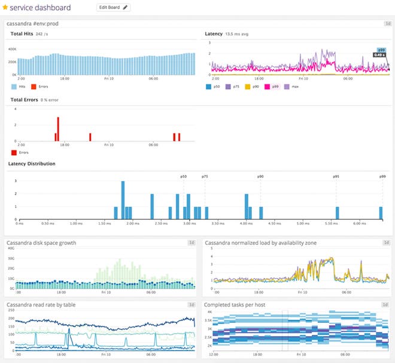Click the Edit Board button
pyautogui.click(x=113, y=8)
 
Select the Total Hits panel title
pyautogui.click(x=21, y=34)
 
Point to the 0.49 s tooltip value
pyautogui.click(x=379, y=55)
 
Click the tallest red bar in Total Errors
pyautogui.click(x=58, y=129)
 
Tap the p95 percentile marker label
pyautogui.click(x=336, y=177)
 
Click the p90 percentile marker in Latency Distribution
pyautogui.click(x=260, y=177)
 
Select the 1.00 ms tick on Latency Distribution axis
pyautogui.click(x=76, y=224)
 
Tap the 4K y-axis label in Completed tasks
pyautogui.click(x=209, y=311)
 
